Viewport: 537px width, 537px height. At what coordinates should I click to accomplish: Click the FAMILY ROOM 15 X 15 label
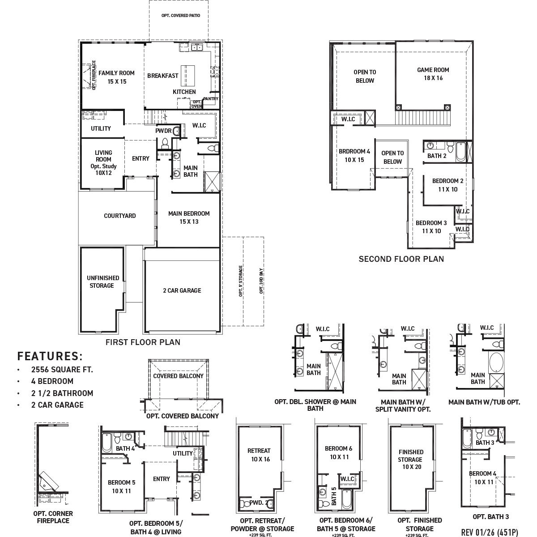pyautogui.click(x=116, y=77)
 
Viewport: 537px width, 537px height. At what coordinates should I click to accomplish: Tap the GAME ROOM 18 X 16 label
pyautogui.click(x=433, y=74)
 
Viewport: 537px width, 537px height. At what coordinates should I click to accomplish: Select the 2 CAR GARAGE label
pyautogui.click(x=182, y=290)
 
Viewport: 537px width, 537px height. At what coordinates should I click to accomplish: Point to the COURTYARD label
pyautogui.click(x=119, y=216)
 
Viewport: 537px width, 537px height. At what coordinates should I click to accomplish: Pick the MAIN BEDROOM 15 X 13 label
pyautogui.click(x=189, y=217)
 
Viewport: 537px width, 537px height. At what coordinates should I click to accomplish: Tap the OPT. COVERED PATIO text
pyautogui.click(x=181, y=16)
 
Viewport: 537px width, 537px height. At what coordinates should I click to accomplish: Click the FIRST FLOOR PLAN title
pyautogui.click(x=143, y=342)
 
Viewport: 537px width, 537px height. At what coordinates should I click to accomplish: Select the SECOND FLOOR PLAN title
pyautogui.click(x=401, y=259)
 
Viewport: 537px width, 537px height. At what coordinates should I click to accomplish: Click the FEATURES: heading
pyautogui.click(x=50, y=356)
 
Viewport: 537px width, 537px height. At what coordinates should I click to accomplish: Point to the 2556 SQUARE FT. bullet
pyautogui.click(x=62, y=370)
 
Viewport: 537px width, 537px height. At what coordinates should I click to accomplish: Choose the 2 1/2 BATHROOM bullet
pyautogui.click(x=62, y=393)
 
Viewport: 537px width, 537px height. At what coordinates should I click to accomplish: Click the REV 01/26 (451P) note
pyautogui.click(x=489, y=533)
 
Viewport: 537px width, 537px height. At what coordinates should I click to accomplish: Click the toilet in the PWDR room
pyautogui.click(x=164, y=143)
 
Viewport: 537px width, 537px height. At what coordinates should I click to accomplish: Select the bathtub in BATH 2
pyautogui.click(x=460, y=151)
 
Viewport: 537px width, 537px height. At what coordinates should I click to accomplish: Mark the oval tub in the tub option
pyautogui.click(x=496, y=362)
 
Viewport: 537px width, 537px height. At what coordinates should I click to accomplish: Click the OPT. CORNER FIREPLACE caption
pyautogui.click(x=53, y=517)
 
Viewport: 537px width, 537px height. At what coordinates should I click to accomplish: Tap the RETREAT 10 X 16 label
pyautogui.click(x=259, y=455)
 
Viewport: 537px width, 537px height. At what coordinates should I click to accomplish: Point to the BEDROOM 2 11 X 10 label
pyautogui.click(x=447, y=185)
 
